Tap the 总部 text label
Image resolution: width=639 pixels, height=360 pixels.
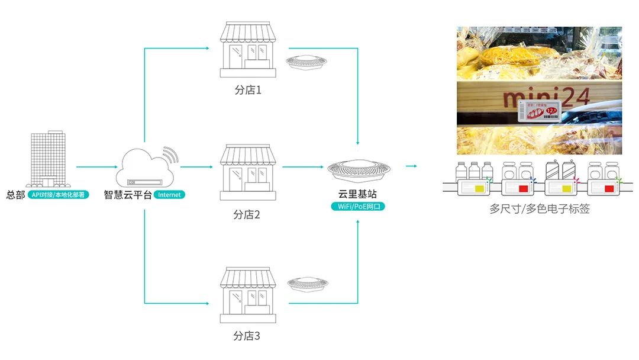point(15,194)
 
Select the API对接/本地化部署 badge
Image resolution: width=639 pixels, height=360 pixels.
point(58,194)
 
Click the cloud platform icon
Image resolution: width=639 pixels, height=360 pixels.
point(146,166)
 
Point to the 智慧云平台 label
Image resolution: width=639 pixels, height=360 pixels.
point(128,194)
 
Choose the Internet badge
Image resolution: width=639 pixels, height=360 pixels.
point(169,194)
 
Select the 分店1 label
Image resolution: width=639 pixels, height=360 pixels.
point(248,91)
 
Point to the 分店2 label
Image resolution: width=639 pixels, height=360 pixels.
point(247,214)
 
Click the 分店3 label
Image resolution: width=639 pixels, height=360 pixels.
point(247,336)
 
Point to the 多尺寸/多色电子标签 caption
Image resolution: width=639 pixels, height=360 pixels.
point(540,209)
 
